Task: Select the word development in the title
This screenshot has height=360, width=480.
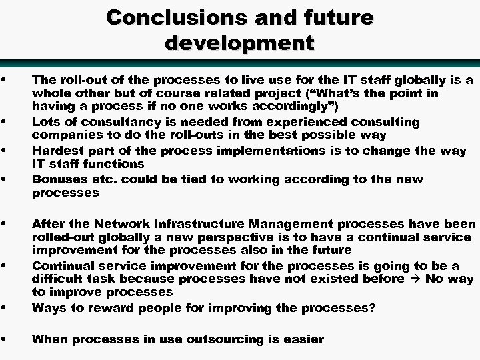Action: [x=239, y=43]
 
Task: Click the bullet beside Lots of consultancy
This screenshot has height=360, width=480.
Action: [x=5, y=121]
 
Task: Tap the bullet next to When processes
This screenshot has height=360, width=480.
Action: [x=5, y=339]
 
